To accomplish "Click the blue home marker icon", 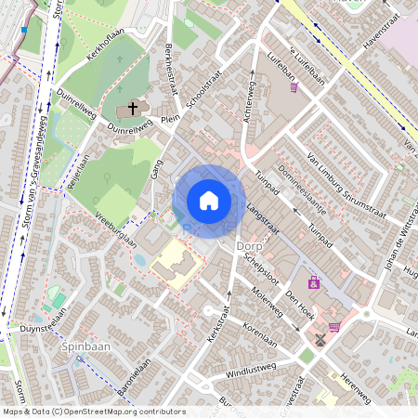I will point(209,201).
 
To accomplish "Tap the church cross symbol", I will point(132,109).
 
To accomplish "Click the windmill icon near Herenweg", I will point(320,339).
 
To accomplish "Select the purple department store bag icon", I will point(314,282).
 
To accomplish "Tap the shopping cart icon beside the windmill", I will point(334,326).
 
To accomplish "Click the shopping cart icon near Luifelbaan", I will point(294,88).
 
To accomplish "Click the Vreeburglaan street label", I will point(116,228).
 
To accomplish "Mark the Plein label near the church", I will point(170,119).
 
